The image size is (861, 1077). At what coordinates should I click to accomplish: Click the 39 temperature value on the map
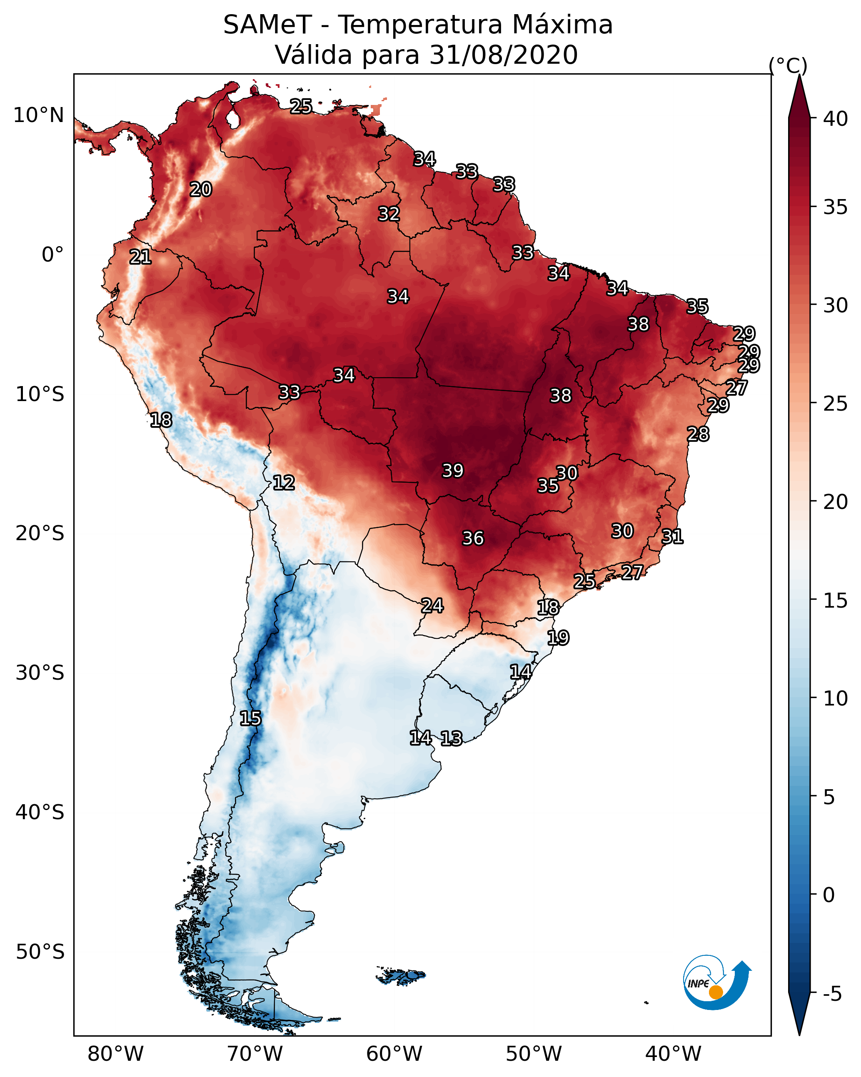pos(453,471)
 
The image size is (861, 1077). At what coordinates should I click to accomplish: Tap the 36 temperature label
pos(473,538)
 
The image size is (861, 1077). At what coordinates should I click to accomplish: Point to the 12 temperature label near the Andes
pos(283,483)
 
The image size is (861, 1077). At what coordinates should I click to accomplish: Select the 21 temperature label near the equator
pos(140,257)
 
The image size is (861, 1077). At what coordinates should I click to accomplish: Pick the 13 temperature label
pos(451,738)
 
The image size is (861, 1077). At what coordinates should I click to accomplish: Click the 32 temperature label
pos(389,214)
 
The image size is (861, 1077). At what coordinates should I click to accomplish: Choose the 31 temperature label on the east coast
pos(672,536)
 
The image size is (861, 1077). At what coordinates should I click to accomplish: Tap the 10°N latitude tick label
pos(38,115)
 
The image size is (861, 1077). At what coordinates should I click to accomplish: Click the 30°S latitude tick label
pos(40,673)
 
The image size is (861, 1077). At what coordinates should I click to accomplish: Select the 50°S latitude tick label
pos(40,952)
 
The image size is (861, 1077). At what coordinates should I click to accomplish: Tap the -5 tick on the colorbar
pos(832,994)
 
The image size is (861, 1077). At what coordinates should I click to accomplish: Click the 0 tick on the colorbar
pos(829,895)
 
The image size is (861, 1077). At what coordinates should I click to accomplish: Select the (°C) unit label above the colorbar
pos(788,65)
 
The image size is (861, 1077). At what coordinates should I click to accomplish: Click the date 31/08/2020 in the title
pos(503,55)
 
